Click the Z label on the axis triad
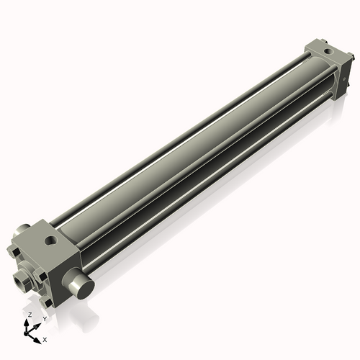click(x=29, y=315)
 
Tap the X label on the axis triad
click(x=45, y=338)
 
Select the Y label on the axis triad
click(x=44, y=318)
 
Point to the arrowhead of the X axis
click(x=37, y=336)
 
